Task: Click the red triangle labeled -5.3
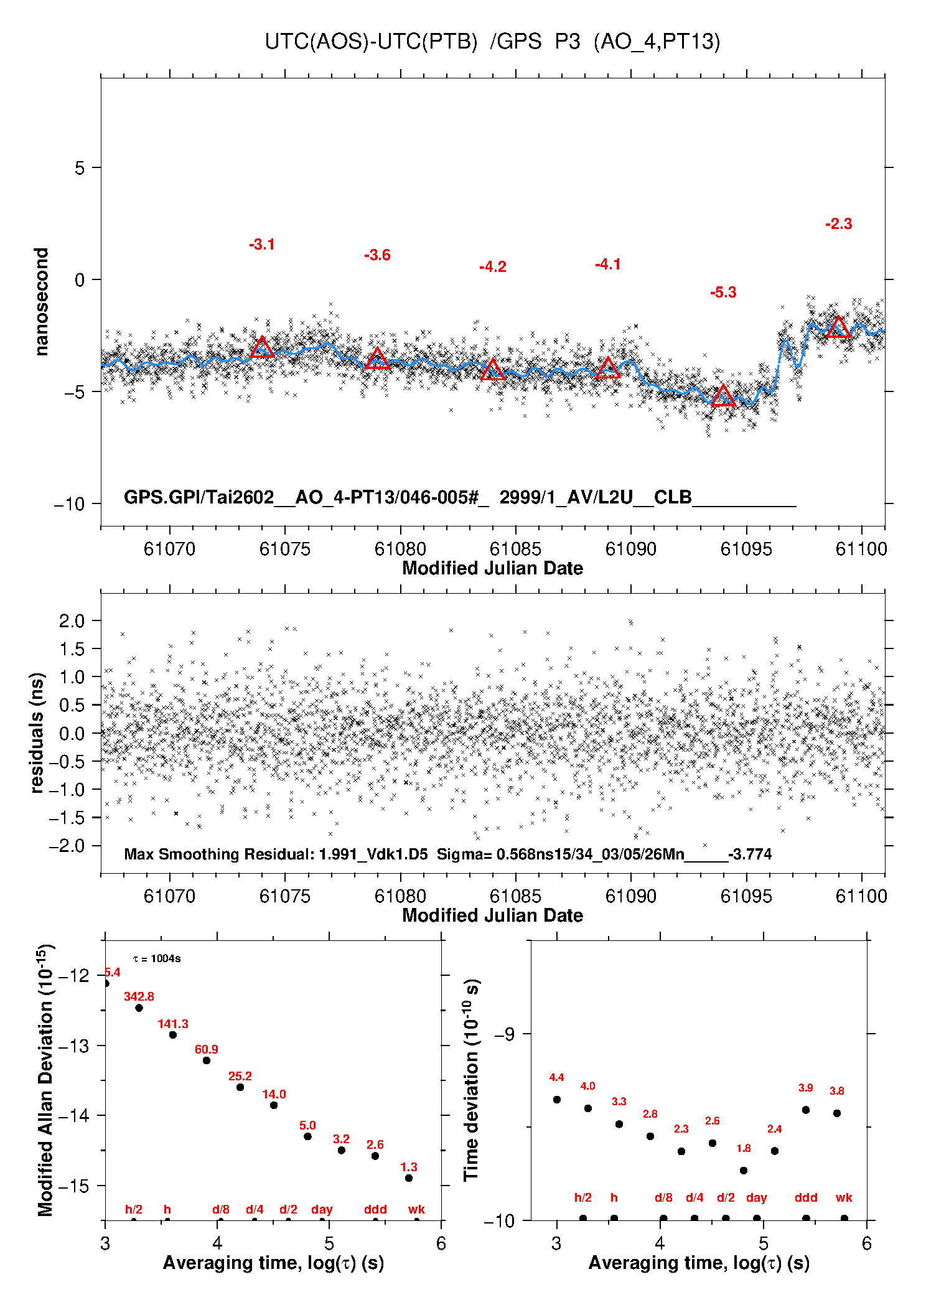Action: [723, 396]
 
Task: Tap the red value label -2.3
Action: [838, 224]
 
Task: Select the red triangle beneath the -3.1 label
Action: [262, 348]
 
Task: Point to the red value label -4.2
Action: [493, 267]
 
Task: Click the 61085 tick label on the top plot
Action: [515, 549]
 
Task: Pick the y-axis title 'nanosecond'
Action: [41, 302]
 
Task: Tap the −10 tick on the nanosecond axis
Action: [69, 504]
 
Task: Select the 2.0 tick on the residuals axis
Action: [72, 620]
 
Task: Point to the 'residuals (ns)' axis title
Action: [37, 733]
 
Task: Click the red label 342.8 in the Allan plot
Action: [139, 996]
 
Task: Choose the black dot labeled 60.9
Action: [207, 1060]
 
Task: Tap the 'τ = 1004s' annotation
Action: [157, 958]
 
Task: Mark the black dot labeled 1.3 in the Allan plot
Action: [409, 1178]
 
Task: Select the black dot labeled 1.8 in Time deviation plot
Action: [743, 1171]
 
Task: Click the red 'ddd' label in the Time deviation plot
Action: [806, 1197]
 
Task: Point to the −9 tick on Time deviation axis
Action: [504, 1034]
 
